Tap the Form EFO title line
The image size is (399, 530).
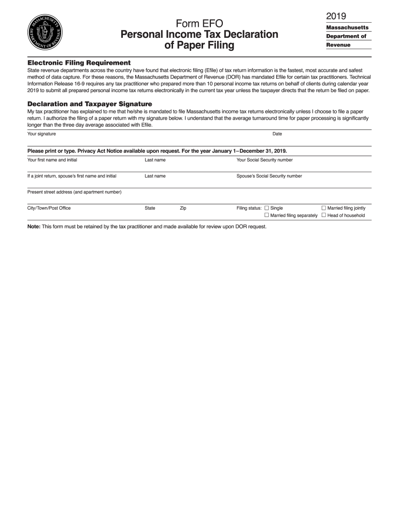click(199, 23)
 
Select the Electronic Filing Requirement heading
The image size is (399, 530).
click(79, 63)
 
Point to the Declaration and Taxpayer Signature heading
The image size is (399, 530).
click(89, 104)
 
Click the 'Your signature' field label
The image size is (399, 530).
click(41, 134)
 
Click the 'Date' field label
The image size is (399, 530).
click(277, 134)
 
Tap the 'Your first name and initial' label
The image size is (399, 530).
click(52, 160)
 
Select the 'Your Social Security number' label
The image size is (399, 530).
click(264, 160)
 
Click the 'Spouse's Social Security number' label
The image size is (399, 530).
click(269, 176)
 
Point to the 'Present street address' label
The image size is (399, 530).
click(74, 192)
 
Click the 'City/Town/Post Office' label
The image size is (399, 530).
click(49, 208)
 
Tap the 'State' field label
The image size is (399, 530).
click(150, 208)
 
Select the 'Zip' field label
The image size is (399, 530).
click(183, 208)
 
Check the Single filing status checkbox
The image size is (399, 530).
click(267, 208)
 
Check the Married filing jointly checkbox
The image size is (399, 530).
click(324, 208)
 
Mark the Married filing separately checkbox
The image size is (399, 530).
click(267, 215)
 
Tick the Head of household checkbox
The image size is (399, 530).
click(324, 215)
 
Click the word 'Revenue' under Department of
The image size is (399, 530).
click(338, 45)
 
